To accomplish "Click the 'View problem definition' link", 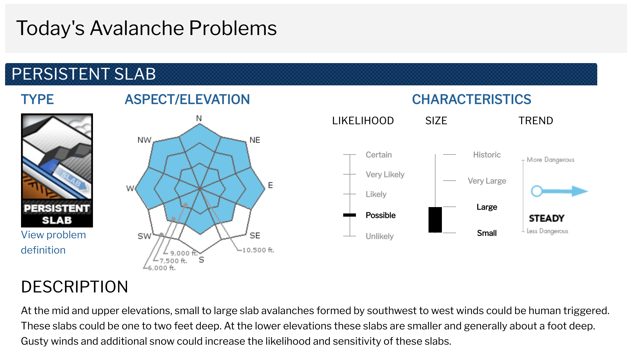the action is (x=53, y=242).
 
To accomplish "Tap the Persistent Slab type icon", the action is (x=57, y=170).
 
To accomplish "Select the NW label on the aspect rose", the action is (x=144, y=140).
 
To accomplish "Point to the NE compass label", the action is (x=255, y=140).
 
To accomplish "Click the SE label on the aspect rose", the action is (x=255, y=236).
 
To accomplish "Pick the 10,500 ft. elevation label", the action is (x=258, y=250).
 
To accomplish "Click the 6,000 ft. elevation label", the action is (x=162, y=268).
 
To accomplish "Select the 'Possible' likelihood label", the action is (x=380, y=215).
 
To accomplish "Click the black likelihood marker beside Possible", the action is (x=350, y=215).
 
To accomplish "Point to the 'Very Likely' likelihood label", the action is (x=385, y=175).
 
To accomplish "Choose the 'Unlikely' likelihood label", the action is (x=379, y=236).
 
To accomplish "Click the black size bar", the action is (x=435, y=220).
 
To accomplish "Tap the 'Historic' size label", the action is (x=487, y=155).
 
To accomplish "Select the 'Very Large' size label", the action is (x=487, y=181).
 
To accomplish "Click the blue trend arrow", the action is (x=559, y=191).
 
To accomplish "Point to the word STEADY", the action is (x=546, y=218).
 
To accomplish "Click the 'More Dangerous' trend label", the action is (x=550, y=160).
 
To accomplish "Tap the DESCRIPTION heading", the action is (x=74, y=287).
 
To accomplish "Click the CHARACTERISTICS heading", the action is (x=471, y=99).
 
